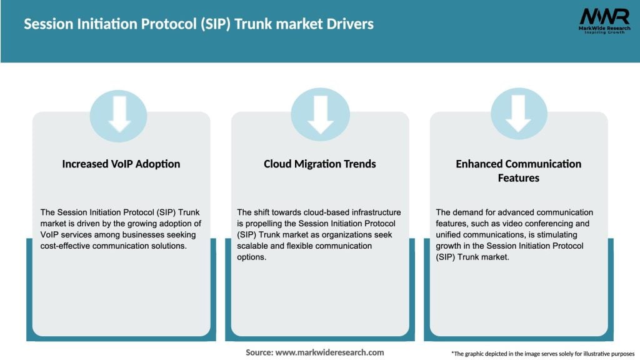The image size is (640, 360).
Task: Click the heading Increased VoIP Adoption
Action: pos(121,164)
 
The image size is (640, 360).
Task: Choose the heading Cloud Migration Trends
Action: pos(320,164)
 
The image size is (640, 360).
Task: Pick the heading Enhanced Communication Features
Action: pos(518,171)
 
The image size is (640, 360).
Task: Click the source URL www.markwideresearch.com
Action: pos(329,352)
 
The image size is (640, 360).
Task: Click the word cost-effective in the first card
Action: pos(67,246)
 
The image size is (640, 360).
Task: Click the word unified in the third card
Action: pos(452,235)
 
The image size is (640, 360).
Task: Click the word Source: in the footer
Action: pos(259,352)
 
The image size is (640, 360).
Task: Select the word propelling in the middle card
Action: pos(263,224)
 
